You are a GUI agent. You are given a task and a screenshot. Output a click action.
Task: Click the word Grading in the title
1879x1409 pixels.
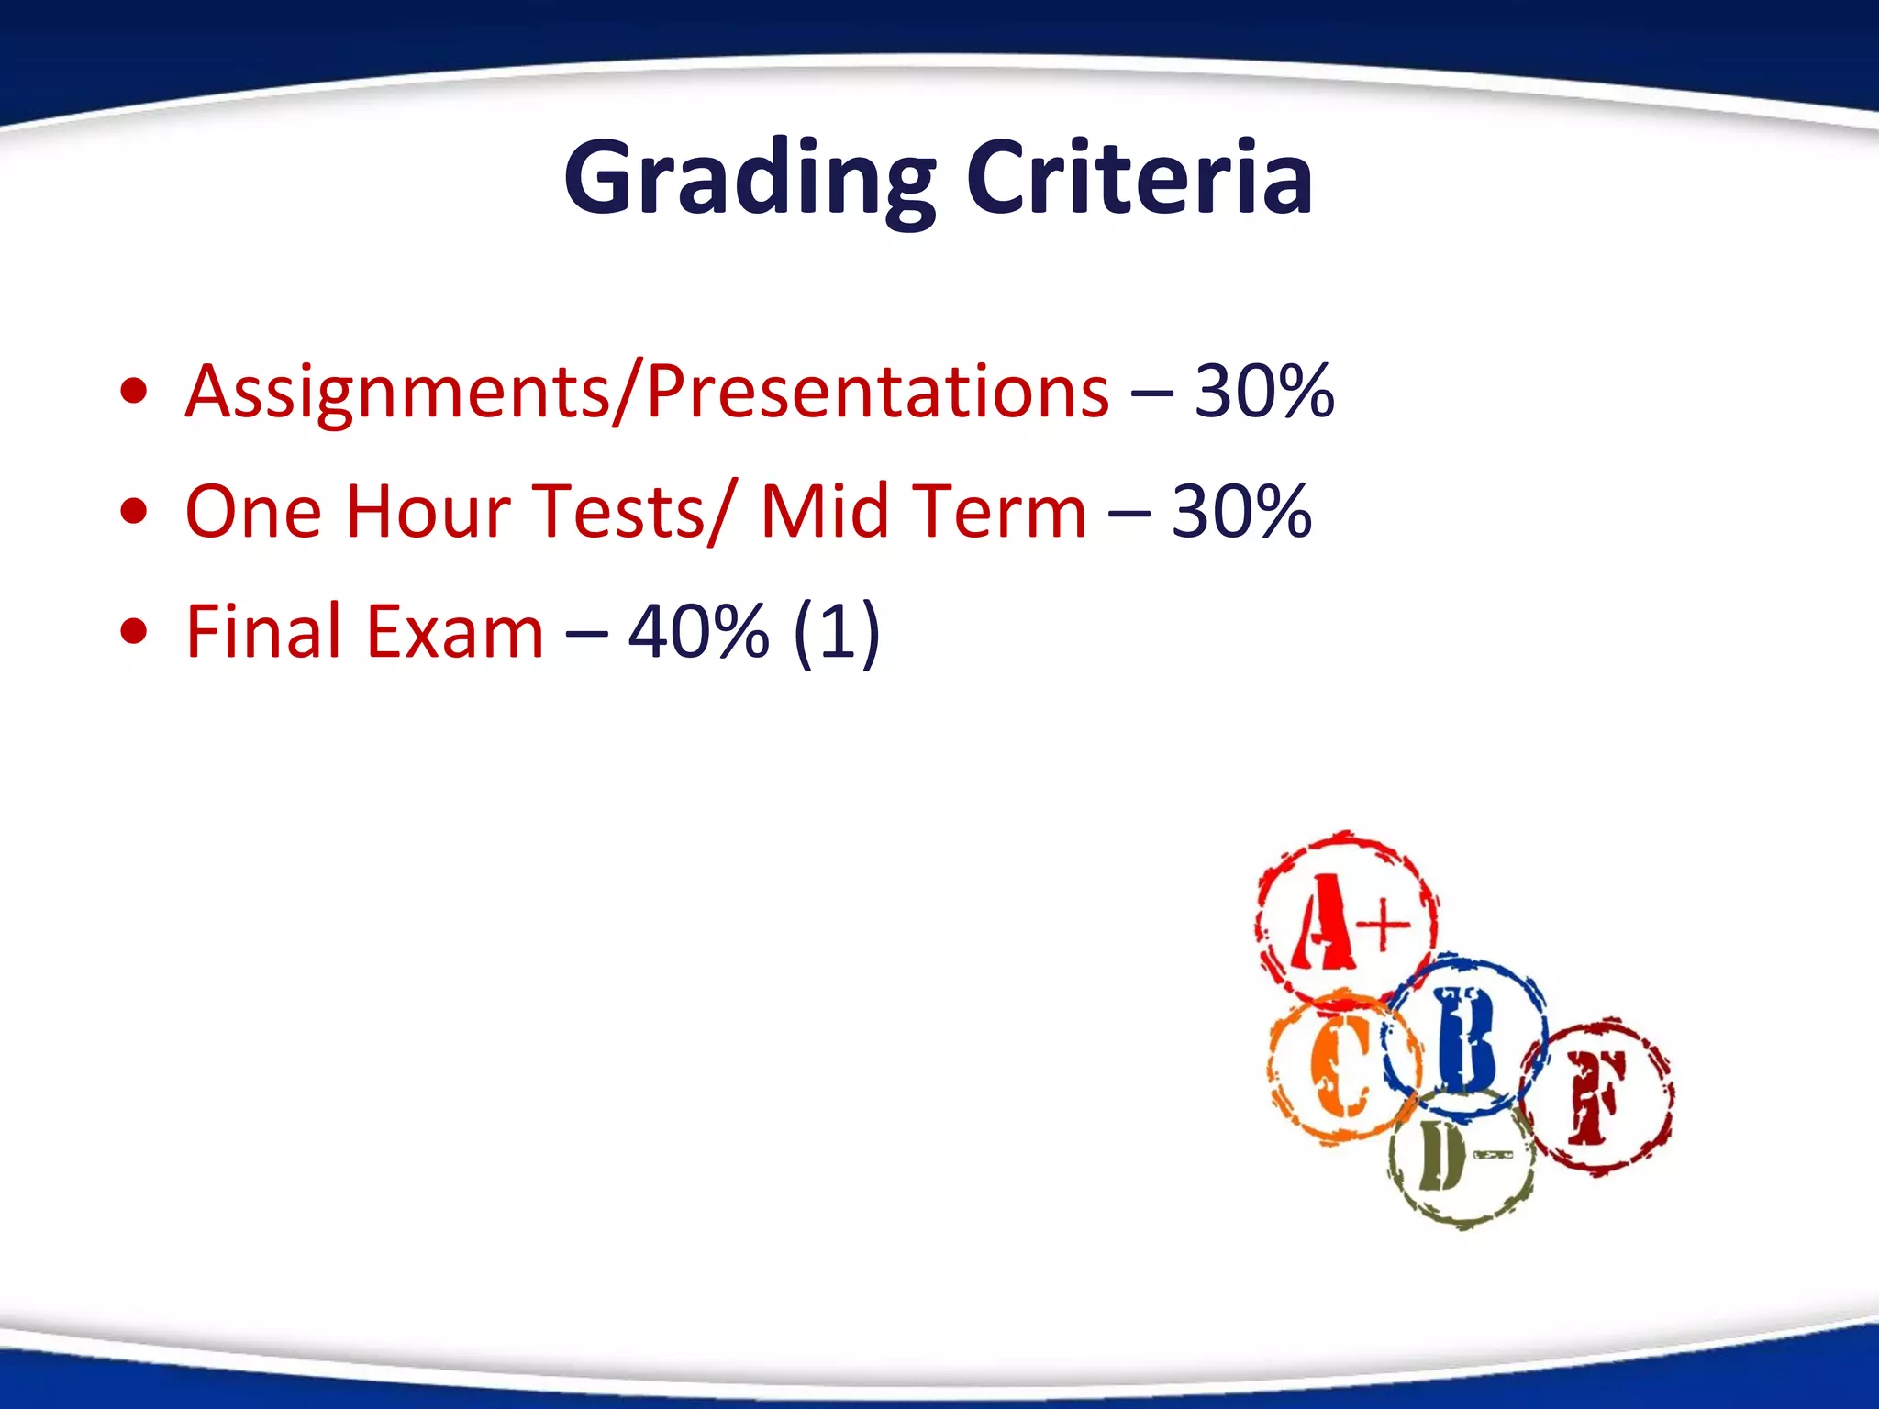click(749, 179)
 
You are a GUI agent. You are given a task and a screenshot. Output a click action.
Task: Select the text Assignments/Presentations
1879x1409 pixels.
click(647, 392)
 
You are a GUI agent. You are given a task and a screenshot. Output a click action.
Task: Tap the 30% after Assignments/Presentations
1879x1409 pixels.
click(1263, 392)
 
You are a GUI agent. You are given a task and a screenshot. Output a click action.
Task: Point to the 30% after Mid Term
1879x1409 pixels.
click(1241, 511)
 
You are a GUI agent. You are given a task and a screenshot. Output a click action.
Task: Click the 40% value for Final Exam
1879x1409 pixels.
click(698, 632)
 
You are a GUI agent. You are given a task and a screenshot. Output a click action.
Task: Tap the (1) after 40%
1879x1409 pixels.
click(836, 632)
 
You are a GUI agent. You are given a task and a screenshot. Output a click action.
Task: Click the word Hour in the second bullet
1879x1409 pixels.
click(428, 511)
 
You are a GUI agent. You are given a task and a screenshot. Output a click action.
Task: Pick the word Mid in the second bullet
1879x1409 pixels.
click(825, 511)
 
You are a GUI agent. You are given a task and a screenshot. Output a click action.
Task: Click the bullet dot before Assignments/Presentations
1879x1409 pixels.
click(134, 392)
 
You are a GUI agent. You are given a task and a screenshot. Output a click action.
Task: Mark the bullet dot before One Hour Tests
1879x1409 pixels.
click(134, 512)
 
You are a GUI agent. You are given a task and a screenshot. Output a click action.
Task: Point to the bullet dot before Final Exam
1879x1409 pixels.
click(134, 632)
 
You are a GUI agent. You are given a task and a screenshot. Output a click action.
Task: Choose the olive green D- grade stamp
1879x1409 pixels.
click(1459, 1159)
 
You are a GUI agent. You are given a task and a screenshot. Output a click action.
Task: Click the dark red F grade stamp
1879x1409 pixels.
click(1597, 1096)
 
